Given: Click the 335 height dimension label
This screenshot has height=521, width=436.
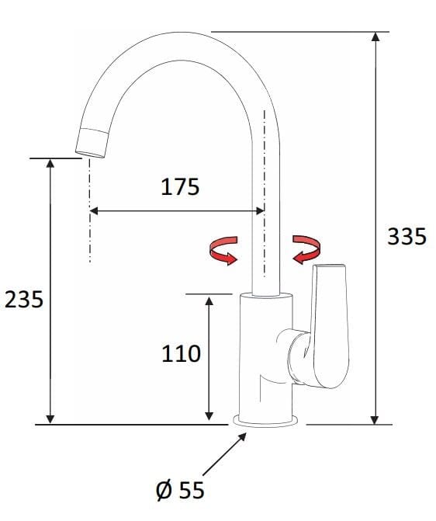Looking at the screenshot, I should click(x=407, y=236).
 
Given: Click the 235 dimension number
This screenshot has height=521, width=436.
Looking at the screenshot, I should click(x=24, y=299).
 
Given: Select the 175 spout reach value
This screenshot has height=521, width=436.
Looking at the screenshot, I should click(x=180, y=187).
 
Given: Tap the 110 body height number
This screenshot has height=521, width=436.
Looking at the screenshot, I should click(x=182, y=354).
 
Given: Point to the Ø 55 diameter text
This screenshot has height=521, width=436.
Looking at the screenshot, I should click(x=180, y=490).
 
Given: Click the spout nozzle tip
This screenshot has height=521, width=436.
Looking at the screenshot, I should click(x=92, y=144).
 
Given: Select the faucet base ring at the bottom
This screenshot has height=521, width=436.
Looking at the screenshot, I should click(x=268, y=421).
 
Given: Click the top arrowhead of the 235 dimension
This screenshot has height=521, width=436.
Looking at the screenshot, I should click(x=50, y=163).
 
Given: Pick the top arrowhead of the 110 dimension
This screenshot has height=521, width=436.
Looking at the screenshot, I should click(x=209, y=300).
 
